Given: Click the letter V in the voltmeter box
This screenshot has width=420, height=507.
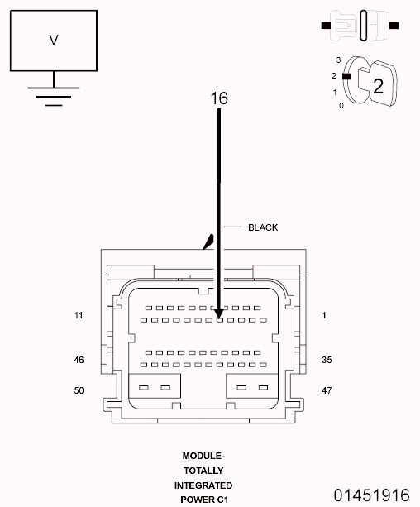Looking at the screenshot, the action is (54, 40).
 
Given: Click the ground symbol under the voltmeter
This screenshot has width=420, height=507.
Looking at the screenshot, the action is (54, 96).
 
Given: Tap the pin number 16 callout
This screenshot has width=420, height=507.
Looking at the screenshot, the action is (219, 98).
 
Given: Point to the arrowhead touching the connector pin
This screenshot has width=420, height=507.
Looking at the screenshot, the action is (219, 313).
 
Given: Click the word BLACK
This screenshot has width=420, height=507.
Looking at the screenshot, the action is (263, 227).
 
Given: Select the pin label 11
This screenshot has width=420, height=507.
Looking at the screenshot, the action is (79, 315).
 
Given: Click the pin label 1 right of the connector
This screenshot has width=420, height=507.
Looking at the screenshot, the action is (324, 315).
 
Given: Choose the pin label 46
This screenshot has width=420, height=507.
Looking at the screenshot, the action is (79, 360).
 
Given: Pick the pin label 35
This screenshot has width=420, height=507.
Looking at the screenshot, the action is (327, 360).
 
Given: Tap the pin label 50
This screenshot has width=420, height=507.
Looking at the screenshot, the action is (79, 390).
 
